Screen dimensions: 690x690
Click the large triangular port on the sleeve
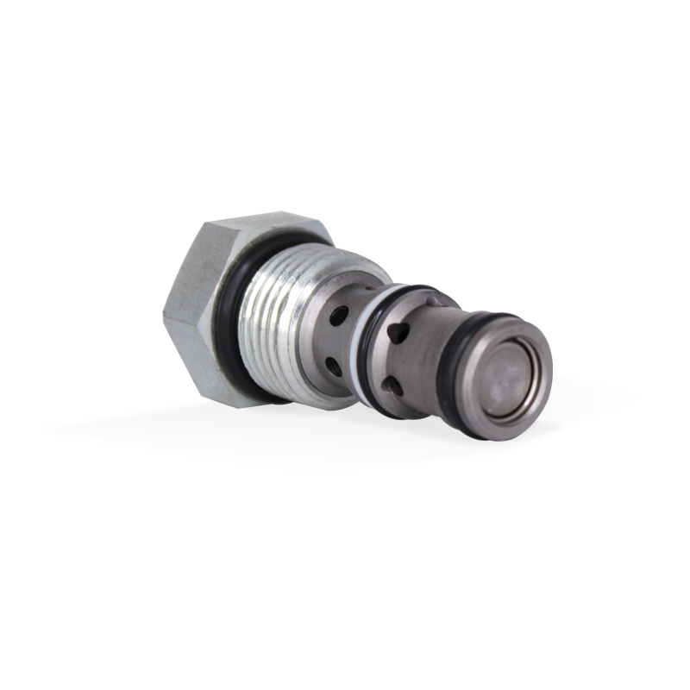398,330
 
